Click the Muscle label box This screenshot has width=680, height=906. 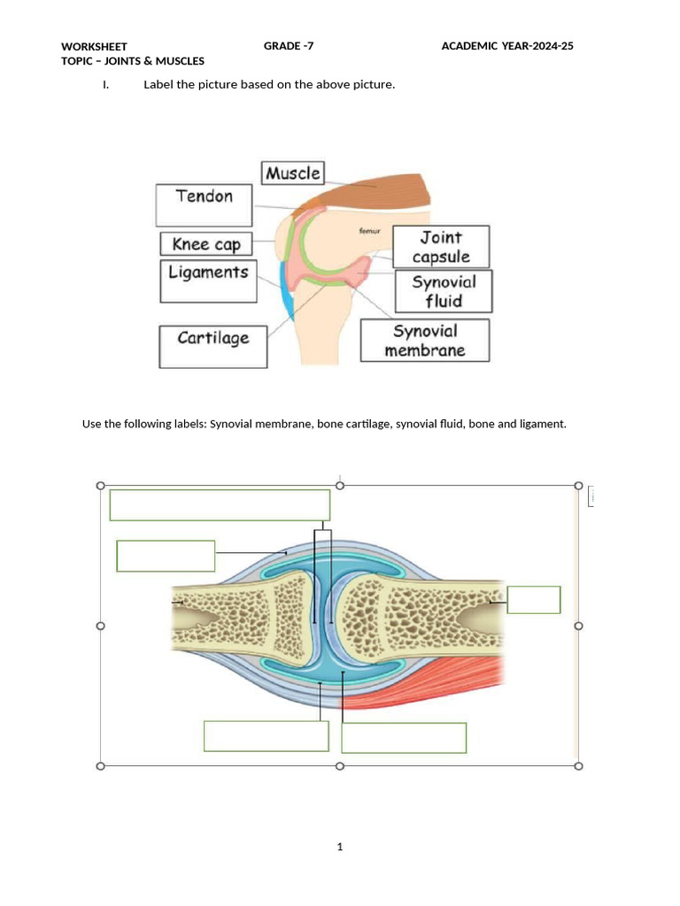[x=292, y=173]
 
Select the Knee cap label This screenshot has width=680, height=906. [x=206, y=244]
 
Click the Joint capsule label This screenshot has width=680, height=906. [x=441, y=247]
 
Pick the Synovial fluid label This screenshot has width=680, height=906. [x=443, y=291]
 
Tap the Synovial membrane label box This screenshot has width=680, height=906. [x=424, y=340]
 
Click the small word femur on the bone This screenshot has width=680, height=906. [x=368, y=231]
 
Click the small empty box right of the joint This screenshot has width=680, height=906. [x=534, y=599]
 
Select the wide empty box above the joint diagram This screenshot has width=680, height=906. [x=220, y=505]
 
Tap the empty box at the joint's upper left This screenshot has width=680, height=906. [x=166, y=556]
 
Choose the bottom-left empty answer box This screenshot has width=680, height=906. [x=266, y=736]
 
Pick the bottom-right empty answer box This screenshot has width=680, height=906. [x=404, y=738]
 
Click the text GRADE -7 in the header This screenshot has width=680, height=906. [x=289, y=46]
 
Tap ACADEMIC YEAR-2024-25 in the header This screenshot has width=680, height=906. [x=507, y=46]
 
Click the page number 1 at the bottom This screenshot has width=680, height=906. [x=340, y=847]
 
